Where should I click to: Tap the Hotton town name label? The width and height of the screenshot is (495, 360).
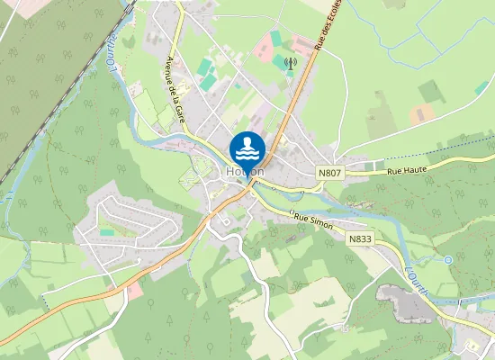coord(246,171)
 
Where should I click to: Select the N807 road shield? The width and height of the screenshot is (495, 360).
coord(330,171)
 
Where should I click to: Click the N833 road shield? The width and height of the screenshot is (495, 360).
coord(360,240)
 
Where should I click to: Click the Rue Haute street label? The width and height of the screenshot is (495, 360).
coord(406,169)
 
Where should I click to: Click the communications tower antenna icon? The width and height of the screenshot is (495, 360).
coord(290,64)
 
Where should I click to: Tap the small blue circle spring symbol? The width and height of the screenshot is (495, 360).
coord(448,259)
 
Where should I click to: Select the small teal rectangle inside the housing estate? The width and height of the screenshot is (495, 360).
coord(107,231)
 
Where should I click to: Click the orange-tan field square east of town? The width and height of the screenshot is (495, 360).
coord(420,116)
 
